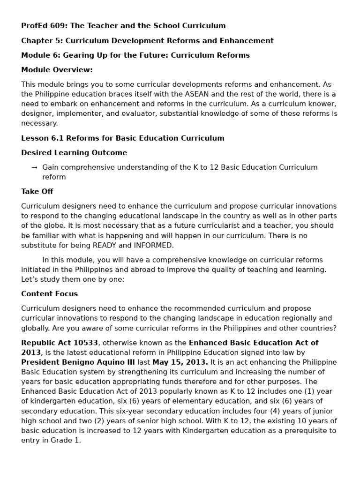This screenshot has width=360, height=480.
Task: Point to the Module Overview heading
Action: coord(57,70)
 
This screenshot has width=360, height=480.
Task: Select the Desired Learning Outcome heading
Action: coord(74,153)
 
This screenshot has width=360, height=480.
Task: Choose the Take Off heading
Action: coord(37,191)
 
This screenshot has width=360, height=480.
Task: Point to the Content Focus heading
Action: coord(49,294)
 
